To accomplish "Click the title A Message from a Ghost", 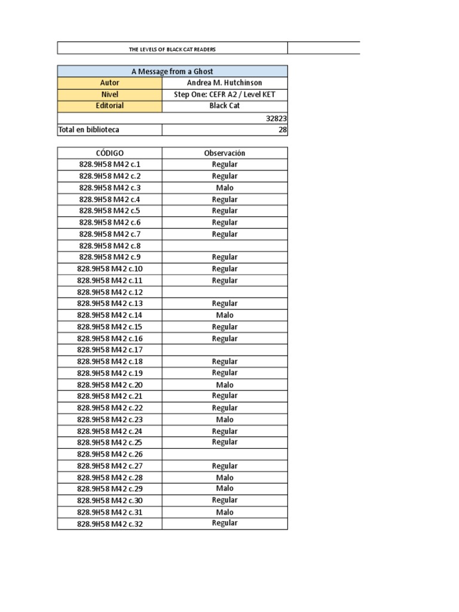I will coord(172,71).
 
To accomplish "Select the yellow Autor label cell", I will coord(110,82).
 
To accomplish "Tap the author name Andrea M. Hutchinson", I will coord(224,82).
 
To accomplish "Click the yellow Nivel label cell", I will coord(110,94).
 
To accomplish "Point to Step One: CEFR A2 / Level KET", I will coord(224,94).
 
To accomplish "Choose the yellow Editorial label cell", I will coord(110,106).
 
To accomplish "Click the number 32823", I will coord(276,118).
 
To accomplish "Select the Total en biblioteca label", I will coord(88,130).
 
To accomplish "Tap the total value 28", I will coord(283,130).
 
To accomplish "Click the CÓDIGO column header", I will coord(110,153).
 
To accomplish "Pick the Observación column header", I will coord(224,153).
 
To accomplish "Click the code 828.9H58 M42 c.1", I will coord(110,164).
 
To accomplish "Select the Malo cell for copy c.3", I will coord(224,188).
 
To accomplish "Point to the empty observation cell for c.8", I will coord(224,246).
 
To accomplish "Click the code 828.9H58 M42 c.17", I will coord(110,350).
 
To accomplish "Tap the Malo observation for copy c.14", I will coord(224,315).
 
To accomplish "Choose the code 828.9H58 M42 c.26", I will coord(110,454).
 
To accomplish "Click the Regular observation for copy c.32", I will coord(224,523).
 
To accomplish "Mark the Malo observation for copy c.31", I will coord(224,512).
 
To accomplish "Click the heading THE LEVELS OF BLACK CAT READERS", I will coord(172,49).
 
